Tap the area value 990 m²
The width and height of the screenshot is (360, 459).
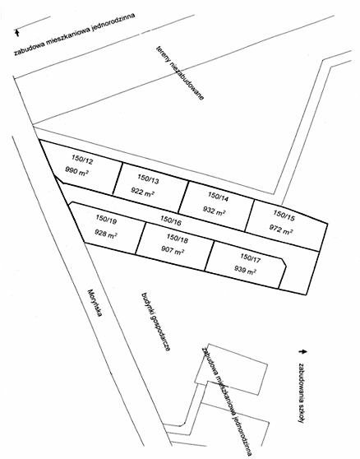[77, 171]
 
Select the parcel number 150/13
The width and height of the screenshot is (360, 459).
[149, 179]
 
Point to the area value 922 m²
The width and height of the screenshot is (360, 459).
[143, 192]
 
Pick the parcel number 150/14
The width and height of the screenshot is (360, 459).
[218, 197]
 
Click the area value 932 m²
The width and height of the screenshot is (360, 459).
[214, 211]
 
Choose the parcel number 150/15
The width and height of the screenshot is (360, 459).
[284, 215]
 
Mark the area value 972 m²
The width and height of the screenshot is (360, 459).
[281, 229]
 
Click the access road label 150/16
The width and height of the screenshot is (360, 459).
[171, 220]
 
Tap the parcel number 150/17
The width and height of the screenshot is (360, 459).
[250, 258]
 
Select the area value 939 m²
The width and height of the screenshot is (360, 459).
[246, 270]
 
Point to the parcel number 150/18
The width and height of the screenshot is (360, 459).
[178, 239]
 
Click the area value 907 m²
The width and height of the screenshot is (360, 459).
[173, 250]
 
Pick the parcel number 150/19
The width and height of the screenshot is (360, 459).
[107, 220]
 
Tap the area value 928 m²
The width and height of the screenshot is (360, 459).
[106, 234]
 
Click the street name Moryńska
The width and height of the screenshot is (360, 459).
[95, 304]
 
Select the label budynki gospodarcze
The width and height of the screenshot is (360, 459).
[156, 322]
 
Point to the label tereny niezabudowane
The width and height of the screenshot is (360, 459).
[180, 72]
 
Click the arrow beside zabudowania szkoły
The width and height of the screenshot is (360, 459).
[302, 351]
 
